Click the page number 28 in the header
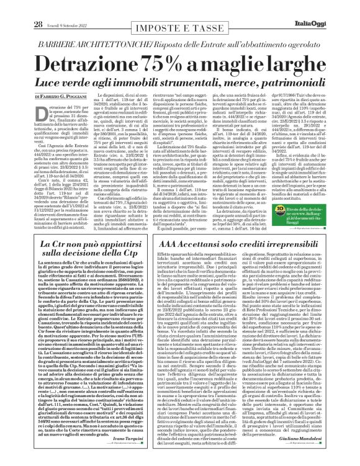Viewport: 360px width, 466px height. tap(20, 7)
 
